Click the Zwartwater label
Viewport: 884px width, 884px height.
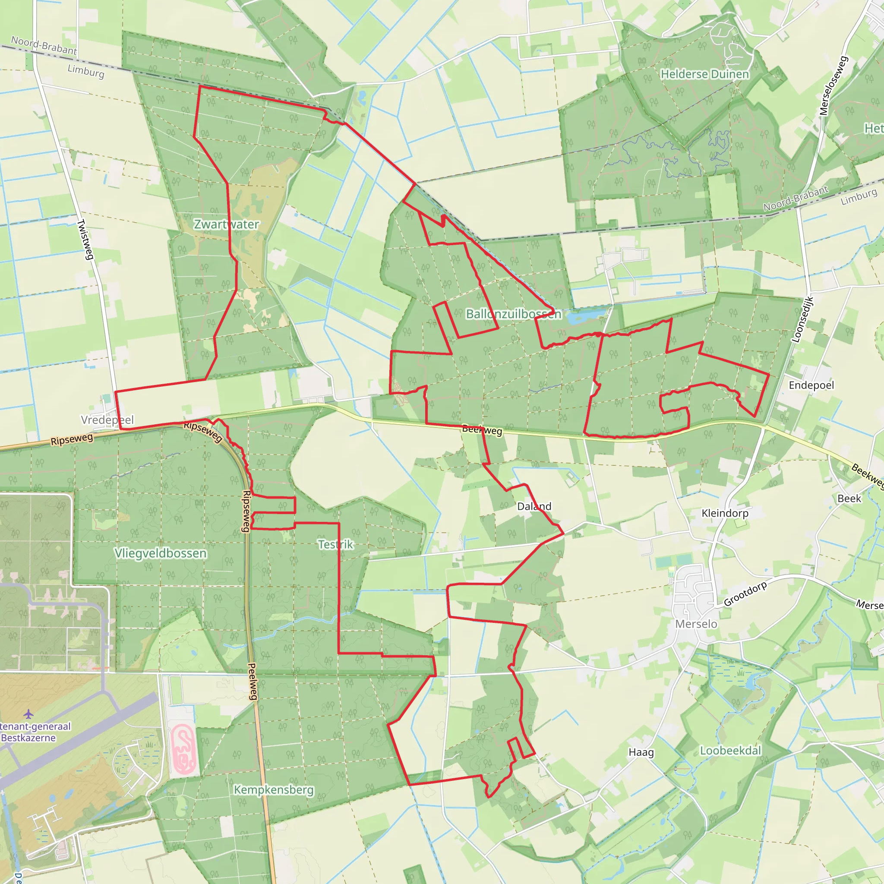coord(227,224)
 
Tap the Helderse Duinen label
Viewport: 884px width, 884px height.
coord(704,74)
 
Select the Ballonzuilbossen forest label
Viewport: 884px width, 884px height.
coord(513,314)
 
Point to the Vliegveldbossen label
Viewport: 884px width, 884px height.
coord(161,553)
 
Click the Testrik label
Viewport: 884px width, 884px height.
coord(336,544)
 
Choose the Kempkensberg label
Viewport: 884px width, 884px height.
coord(274,790)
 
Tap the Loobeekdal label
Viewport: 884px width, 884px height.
coord(731,751)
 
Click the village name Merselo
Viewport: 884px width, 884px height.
coord(696,624)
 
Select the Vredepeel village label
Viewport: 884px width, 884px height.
coord(107,420)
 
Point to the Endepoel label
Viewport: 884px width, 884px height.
coord(811,385)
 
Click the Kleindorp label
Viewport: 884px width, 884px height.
coord(725,513)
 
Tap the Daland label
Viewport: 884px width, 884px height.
coord(534,506)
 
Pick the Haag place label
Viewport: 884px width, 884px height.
coord(641,753)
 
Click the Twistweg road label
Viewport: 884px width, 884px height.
coord(85,240)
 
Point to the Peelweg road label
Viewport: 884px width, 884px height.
coord(253,682)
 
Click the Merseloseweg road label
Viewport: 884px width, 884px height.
coord(833,85)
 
